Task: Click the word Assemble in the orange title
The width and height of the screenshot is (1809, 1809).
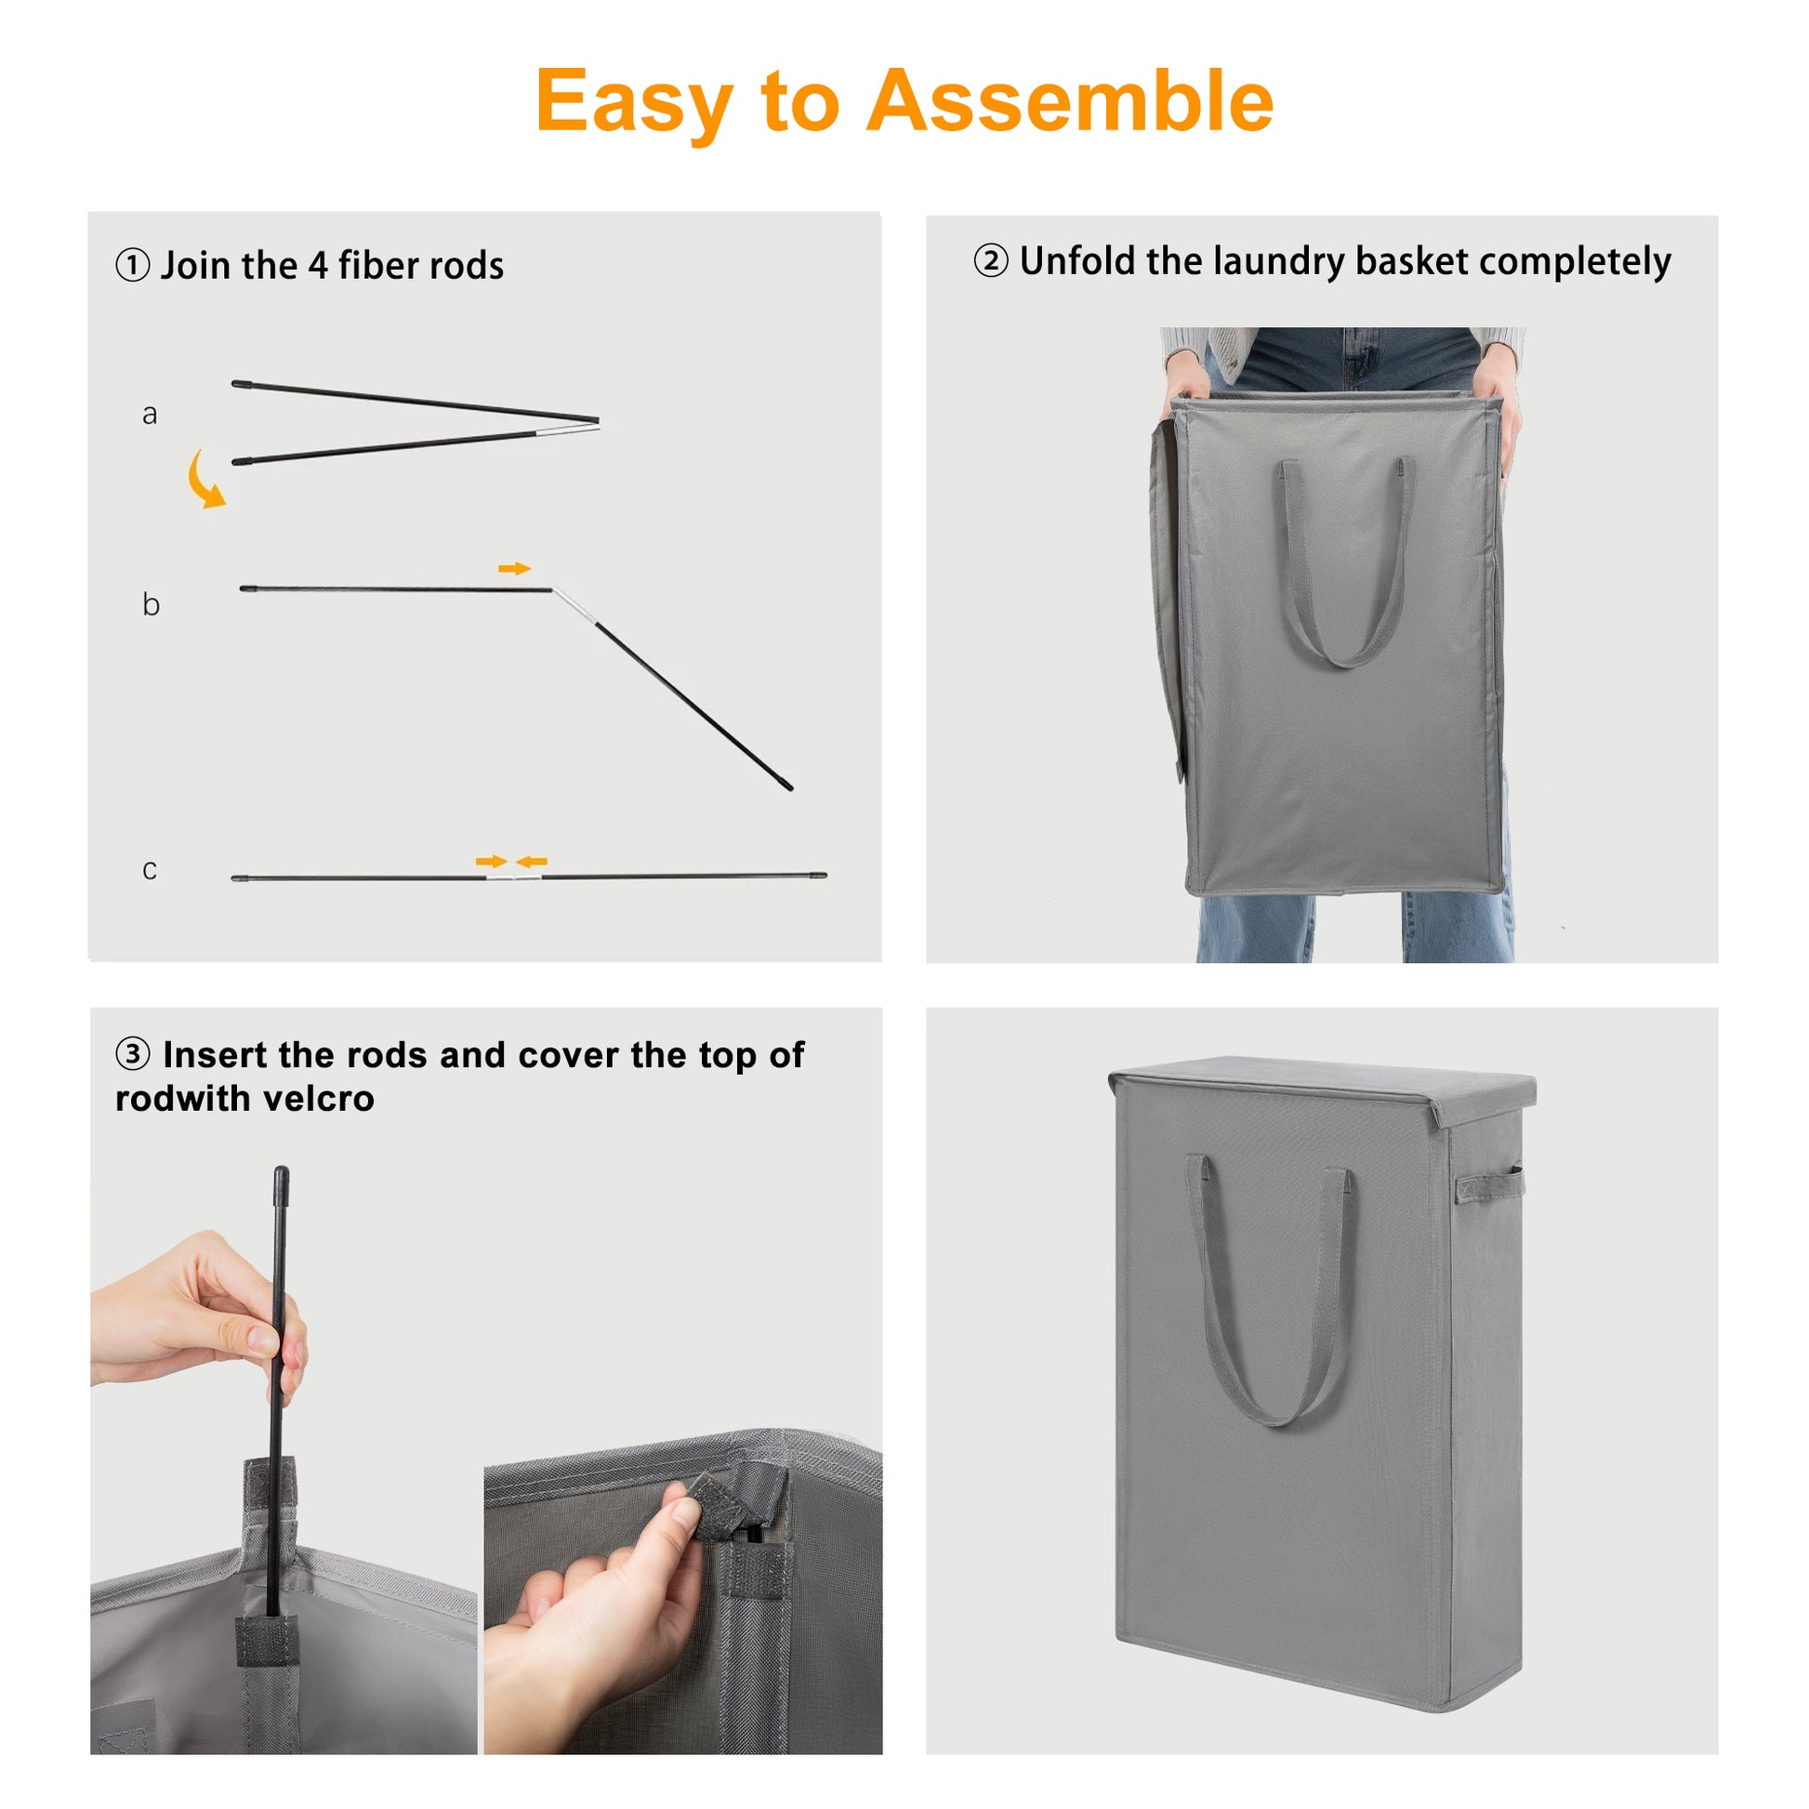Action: pos(1069,100)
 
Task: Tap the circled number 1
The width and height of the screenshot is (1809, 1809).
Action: pos(132,265)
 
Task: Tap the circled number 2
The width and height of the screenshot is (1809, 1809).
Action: pos(991,260)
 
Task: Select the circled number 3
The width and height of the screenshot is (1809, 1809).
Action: pos(132,1053)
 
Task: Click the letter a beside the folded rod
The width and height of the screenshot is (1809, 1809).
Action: pos(149,415)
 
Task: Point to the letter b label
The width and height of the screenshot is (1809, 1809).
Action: pos(151,604)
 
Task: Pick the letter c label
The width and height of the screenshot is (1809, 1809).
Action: pos(149,870)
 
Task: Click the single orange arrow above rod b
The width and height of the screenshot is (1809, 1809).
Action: pos(514,568)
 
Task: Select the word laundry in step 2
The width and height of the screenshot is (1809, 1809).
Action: pos(1279,262)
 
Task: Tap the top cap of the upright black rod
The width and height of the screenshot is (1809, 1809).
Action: pos(281,1183)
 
